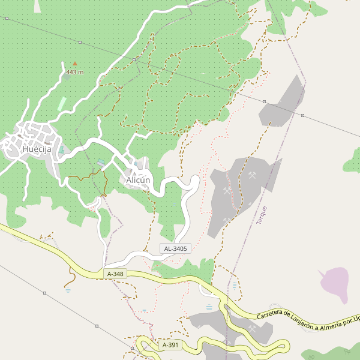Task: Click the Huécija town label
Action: click(36, 149)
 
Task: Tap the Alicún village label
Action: click(137, 180)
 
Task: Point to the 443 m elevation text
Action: click(75, 72)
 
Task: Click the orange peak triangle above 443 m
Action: click(75, 63)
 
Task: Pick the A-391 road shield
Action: click(171, 345)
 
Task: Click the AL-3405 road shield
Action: click(175, 248)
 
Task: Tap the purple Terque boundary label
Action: click(261, 215)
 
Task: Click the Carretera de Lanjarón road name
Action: click(306, 320)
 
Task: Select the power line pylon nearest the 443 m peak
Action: click(80, 42)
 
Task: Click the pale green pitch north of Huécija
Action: click(62, 103)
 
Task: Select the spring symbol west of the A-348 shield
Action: click(68, 290)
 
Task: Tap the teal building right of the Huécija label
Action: click(61, 149)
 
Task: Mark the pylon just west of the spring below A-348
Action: click(44, 293)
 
